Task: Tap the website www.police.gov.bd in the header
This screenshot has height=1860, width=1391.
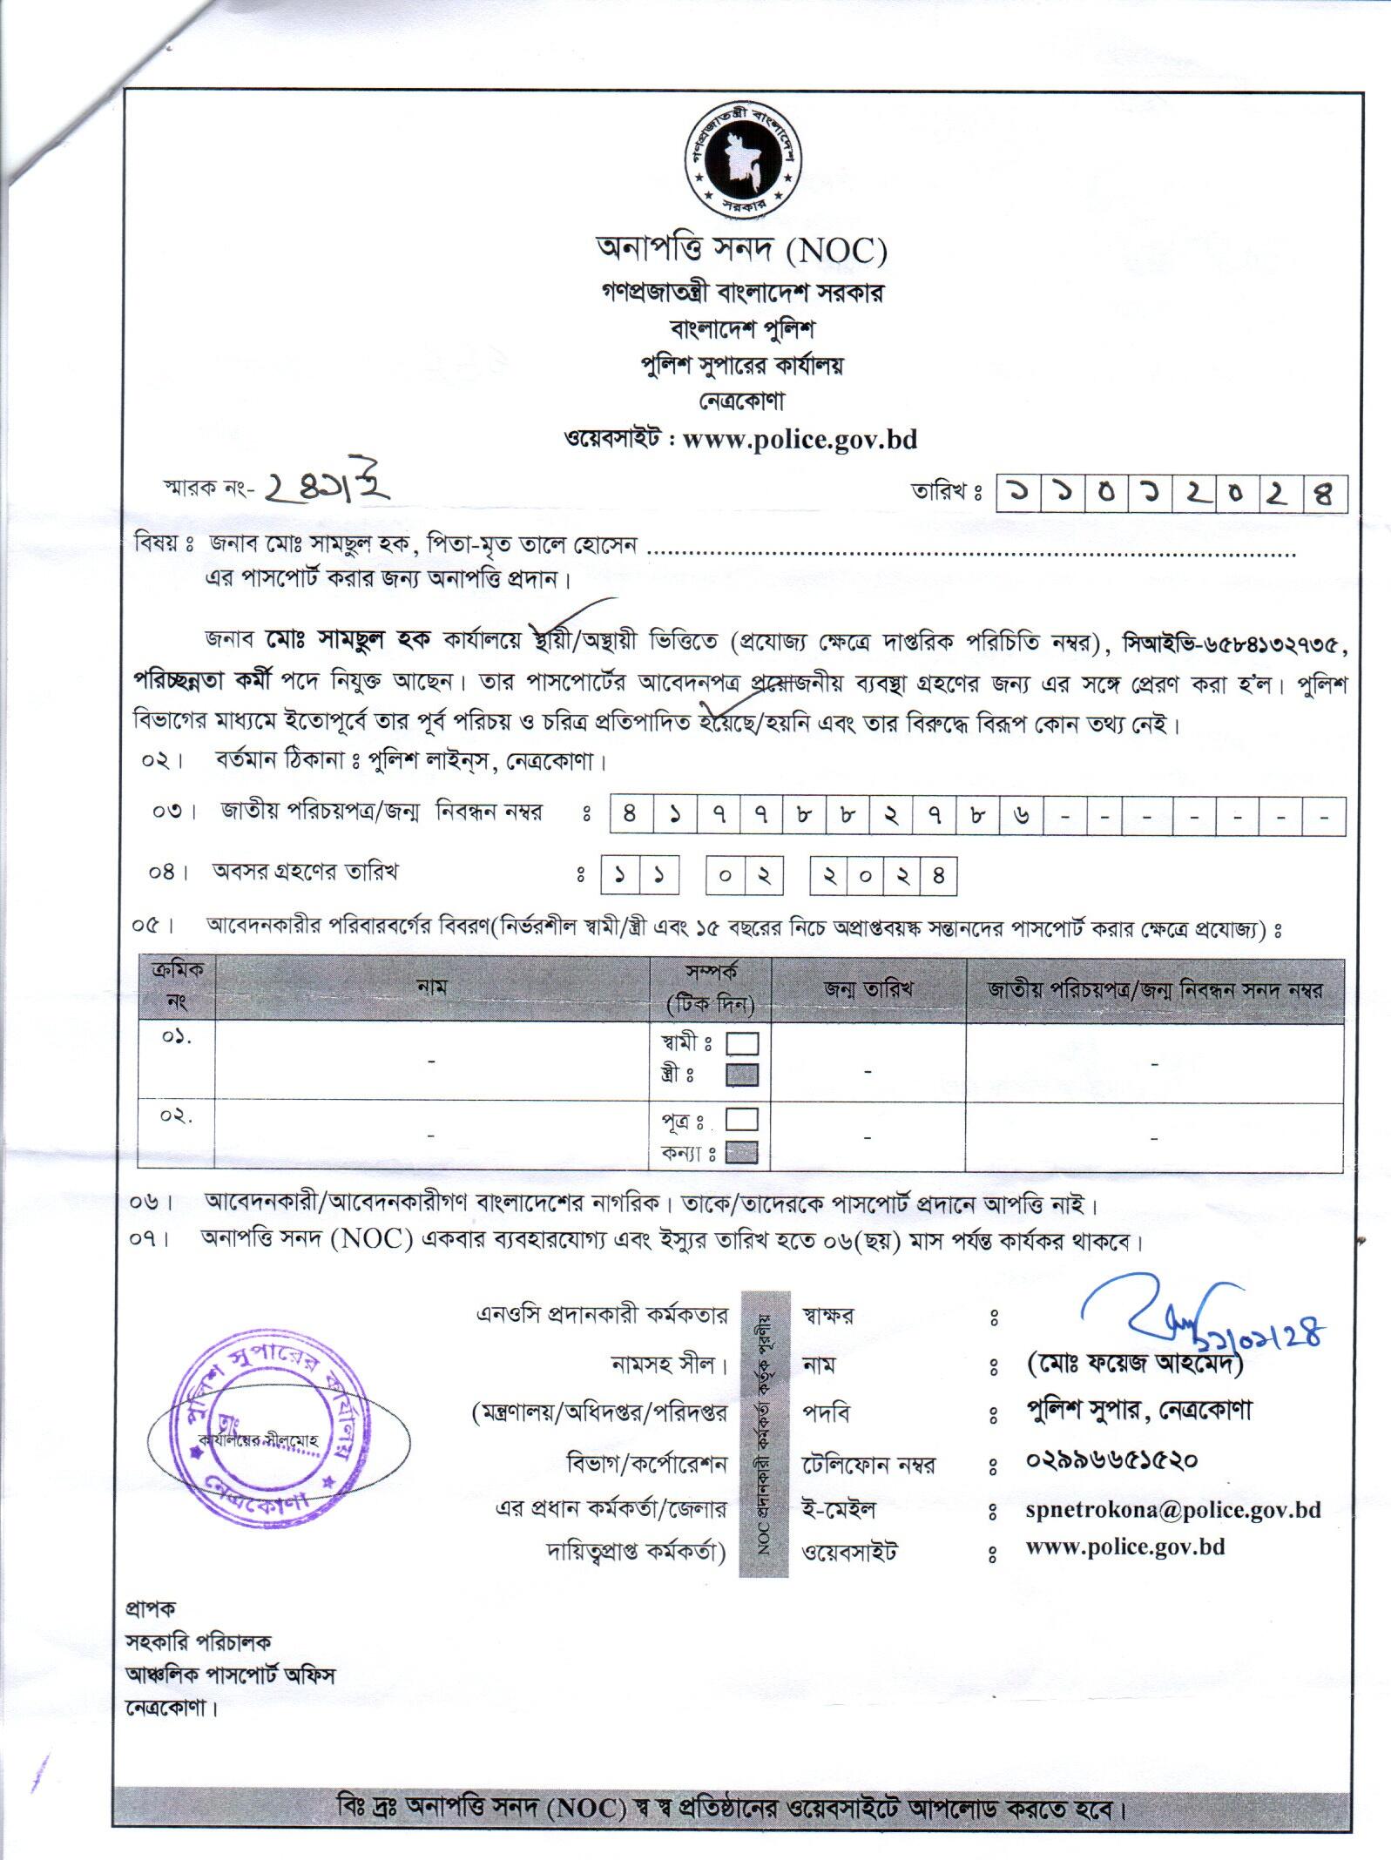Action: pyautogui.click(x=800, y=438)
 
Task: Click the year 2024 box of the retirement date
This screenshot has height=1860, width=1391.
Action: pyautogui.click(x=883, y=875)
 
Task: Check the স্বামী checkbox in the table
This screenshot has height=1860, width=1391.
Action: pyautogui.click(x=742, y=1043)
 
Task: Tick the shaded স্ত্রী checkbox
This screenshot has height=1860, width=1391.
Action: pyautogui.click(x=742, y=1075)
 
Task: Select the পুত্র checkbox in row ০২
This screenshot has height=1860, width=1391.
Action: pyautogui.click(x=742, y=1119)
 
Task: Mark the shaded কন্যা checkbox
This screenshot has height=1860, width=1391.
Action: pyautogui.click(x=742, y=1153)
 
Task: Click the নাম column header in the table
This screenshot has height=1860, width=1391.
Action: pyautogui.click(x=431, y=987)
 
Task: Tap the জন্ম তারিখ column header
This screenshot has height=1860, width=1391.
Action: pyautogui.click(x=868, y=989)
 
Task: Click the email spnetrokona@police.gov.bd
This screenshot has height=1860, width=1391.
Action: pyautogui.click(x=1172, y=1510)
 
